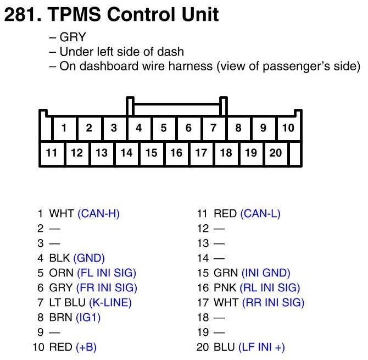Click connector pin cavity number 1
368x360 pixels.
64,129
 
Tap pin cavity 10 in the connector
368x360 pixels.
288,129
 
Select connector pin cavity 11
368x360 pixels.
52,153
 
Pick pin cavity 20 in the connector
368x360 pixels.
276,153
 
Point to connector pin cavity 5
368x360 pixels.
164,129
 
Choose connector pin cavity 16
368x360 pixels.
176,153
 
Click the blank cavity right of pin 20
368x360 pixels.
295,153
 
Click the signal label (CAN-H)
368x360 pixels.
98,213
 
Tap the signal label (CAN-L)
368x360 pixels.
260,213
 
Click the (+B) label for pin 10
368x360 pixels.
86,347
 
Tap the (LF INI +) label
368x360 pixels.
261,347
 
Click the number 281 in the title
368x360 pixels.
20,15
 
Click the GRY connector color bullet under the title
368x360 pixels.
73,37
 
